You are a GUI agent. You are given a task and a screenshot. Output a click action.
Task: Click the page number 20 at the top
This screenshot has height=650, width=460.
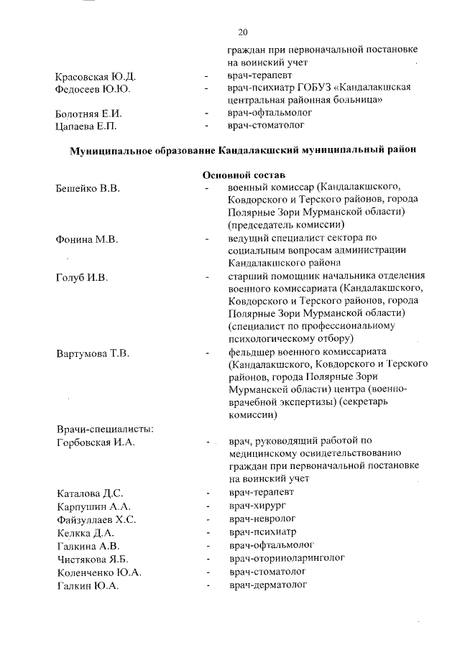pyautogui.click(x=242, y=32)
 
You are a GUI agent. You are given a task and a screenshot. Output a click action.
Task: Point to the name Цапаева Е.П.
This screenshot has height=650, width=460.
pyautogui.click(x=86, y=126)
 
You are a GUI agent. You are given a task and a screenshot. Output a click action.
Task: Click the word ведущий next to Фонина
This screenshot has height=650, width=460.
pyautogui.click(x=248, y=238)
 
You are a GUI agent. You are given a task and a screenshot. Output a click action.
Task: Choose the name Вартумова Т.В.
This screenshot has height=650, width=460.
pyautogui.click(x=92, y=353)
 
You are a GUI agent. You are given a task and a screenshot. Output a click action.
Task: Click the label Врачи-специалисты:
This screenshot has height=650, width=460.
pyautogui.click(x=103, y=429)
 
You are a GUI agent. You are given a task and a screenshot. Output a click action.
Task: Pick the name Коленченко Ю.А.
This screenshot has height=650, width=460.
pyautogui.click(x=98, y=572)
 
